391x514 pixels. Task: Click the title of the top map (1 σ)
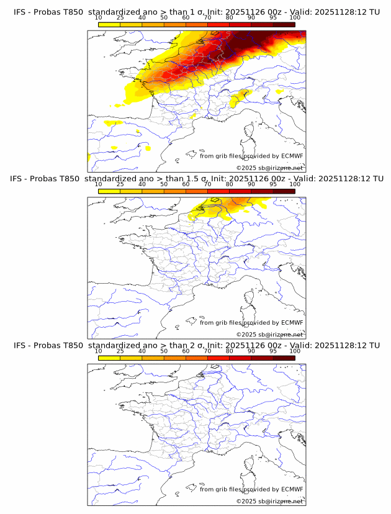tap(196, 12)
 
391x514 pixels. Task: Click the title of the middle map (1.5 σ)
tap(196, 179)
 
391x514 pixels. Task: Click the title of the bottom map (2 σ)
tap(196, 345)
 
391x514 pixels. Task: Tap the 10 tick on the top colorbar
tap(99, 18)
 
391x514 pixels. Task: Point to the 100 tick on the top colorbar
tap(295, 18)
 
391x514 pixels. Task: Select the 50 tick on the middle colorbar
tap(164, 184)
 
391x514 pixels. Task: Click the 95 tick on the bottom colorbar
tap(273, 351)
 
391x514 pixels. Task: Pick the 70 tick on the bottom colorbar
tap(207, 351)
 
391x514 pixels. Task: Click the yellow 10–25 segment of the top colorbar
tap(109, 25)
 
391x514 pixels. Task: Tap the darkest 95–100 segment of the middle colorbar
tap(284, 191)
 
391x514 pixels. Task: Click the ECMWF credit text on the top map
tap(251, 156)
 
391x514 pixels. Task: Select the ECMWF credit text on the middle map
tap(251, 323)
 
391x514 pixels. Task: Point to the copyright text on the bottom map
tap(269, 501)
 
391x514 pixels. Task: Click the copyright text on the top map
tap(269, 168)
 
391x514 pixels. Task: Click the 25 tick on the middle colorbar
tap(120, 184)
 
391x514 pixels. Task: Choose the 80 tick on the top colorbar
tap(229, 18)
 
